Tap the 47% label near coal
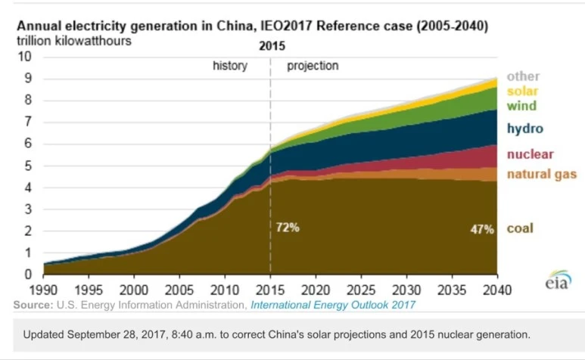(481, 228)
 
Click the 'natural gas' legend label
(542, 175)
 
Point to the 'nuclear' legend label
(530, 154)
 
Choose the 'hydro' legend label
(525, 129)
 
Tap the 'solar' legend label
(523, 92)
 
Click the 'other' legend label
(523, 76)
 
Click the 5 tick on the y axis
(28, 166)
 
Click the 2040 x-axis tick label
(496, 290)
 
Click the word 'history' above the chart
(229, 66)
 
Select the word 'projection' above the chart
(313, 66)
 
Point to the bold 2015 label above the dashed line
(272, 45)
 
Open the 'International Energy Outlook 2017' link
(332, 305)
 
